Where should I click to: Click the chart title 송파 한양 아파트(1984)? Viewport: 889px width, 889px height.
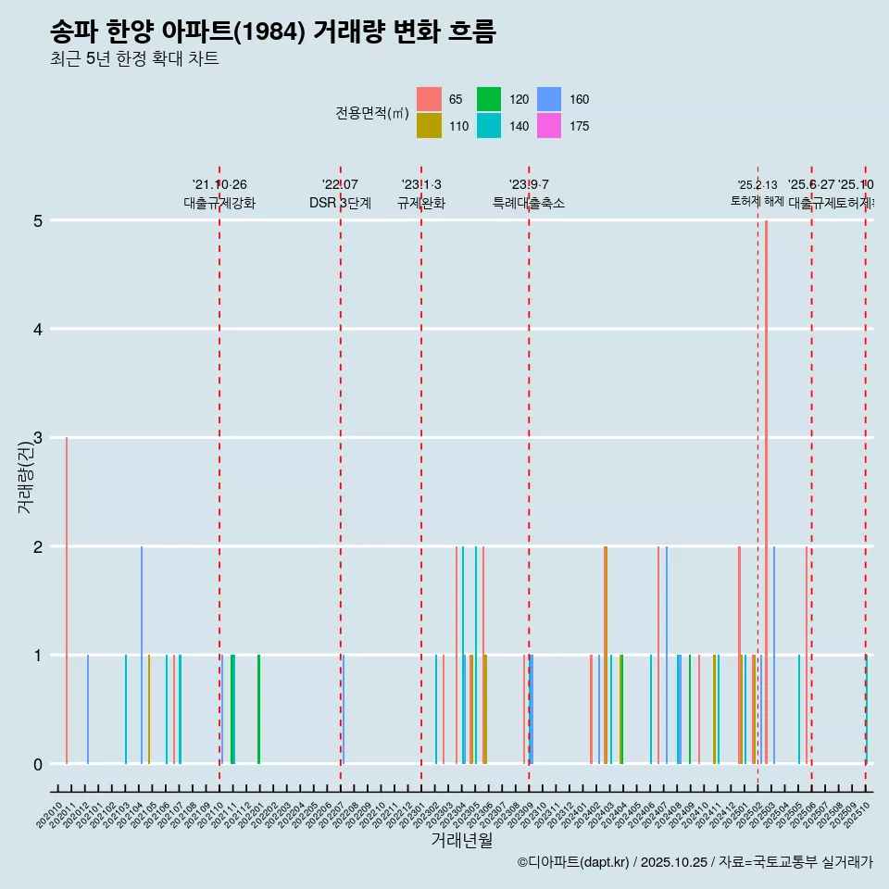[273, 32]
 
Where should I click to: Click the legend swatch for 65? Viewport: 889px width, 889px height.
[429, 99]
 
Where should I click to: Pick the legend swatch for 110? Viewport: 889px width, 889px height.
[429, 126]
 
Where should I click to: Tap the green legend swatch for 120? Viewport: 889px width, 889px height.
[489, 99]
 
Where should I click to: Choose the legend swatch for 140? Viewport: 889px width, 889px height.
[489, 126]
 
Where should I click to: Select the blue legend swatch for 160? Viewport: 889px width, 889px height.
[549, 99]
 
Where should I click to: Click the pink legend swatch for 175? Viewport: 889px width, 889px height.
[549, 126]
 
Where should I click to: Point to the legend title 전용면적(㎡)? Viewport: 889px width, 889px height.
[372, 113]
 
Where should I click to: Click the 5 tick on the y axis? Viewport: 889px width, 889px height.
[38, 221]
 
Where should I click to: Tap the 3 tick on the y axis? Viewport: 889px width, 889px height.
[38, 438]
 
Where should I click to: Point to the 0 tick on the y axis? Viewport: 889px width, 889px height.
[38, 764]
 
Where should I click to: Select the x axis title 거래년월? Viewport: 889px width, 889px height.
[461, 840]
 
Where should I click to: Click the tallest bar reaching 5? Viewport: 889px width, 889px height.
[766, 491]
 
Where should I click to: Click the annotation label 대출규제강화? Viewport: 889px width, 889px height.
[219, 203]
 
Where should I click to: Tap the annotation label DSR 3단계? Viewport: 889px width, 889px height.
[340, 203]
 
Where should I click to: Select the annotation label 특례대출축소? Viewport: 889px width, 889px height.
[529, 203]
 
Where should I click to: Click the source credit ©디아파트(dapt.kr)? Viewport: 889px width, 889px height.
[574, 863]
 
